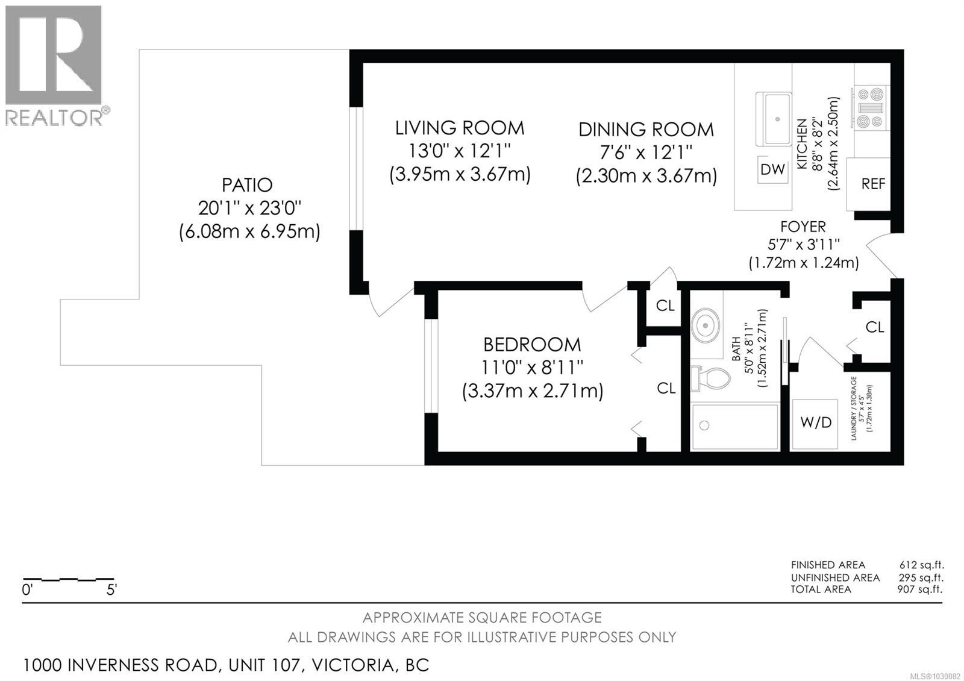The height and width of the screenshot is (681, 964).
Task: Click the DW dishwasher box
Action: (x=772, y=170)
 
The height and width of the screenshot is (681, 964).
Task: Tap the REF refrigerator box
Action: (x=873, y=184)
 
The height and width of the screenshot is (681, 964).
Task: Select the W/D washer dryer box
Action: (x=816, y=422)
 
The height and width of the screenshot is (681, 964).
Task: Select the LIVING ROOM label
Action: (x=460, y=128)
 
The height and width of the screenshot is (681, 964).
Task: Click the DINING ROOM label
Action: (x=646, y=130)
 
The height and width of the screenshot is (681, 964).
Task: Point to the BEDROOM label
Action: (x=532, y=345)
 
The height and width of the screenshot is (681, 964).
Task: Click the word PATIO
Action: (x=247, y=184)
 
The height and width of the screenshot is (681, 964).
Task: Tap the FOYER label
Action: (x=803, y=227)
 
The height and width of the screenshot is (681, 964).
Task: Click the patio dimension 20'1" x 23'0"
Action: (x=249, y=208)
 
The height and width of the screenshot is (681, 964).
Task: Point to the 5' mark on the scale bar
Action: (x=111, y=590)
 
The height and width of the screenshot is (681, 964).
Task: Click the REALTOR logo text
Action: (x=54, y=117)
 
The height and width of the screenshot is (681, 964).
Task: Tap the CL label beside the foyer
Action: (x=875, y=327)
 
